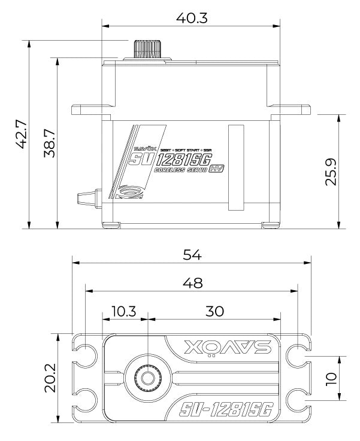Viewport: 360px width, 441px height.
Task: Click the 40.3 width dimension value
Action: tap(192, 19)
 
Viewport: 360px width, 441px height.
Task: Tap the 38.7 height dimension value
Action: tap(50, 144)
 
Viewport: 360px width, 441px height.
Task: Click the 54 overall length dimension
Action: tap(192, 254)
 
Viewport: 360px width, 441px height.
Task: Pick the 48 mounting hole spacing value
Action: tap(192, 282)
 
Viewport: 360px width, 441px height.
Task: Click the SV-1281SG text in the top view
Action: tap(226, 410)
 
